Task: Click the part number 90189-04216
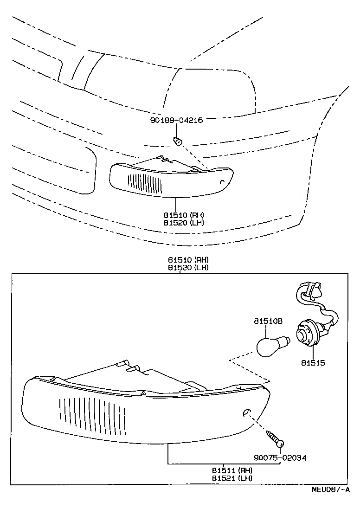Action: [x=177, y=120]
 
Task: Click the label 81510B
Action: [x=268, y=321]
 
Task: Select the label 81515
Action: [x=313, y=363]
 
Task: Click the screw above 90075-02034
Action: [x=275, y=438]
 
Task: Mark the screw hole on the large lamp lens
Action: [x=247, y=412]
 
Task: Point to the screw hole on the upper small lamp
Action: [x=222, y=182]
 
